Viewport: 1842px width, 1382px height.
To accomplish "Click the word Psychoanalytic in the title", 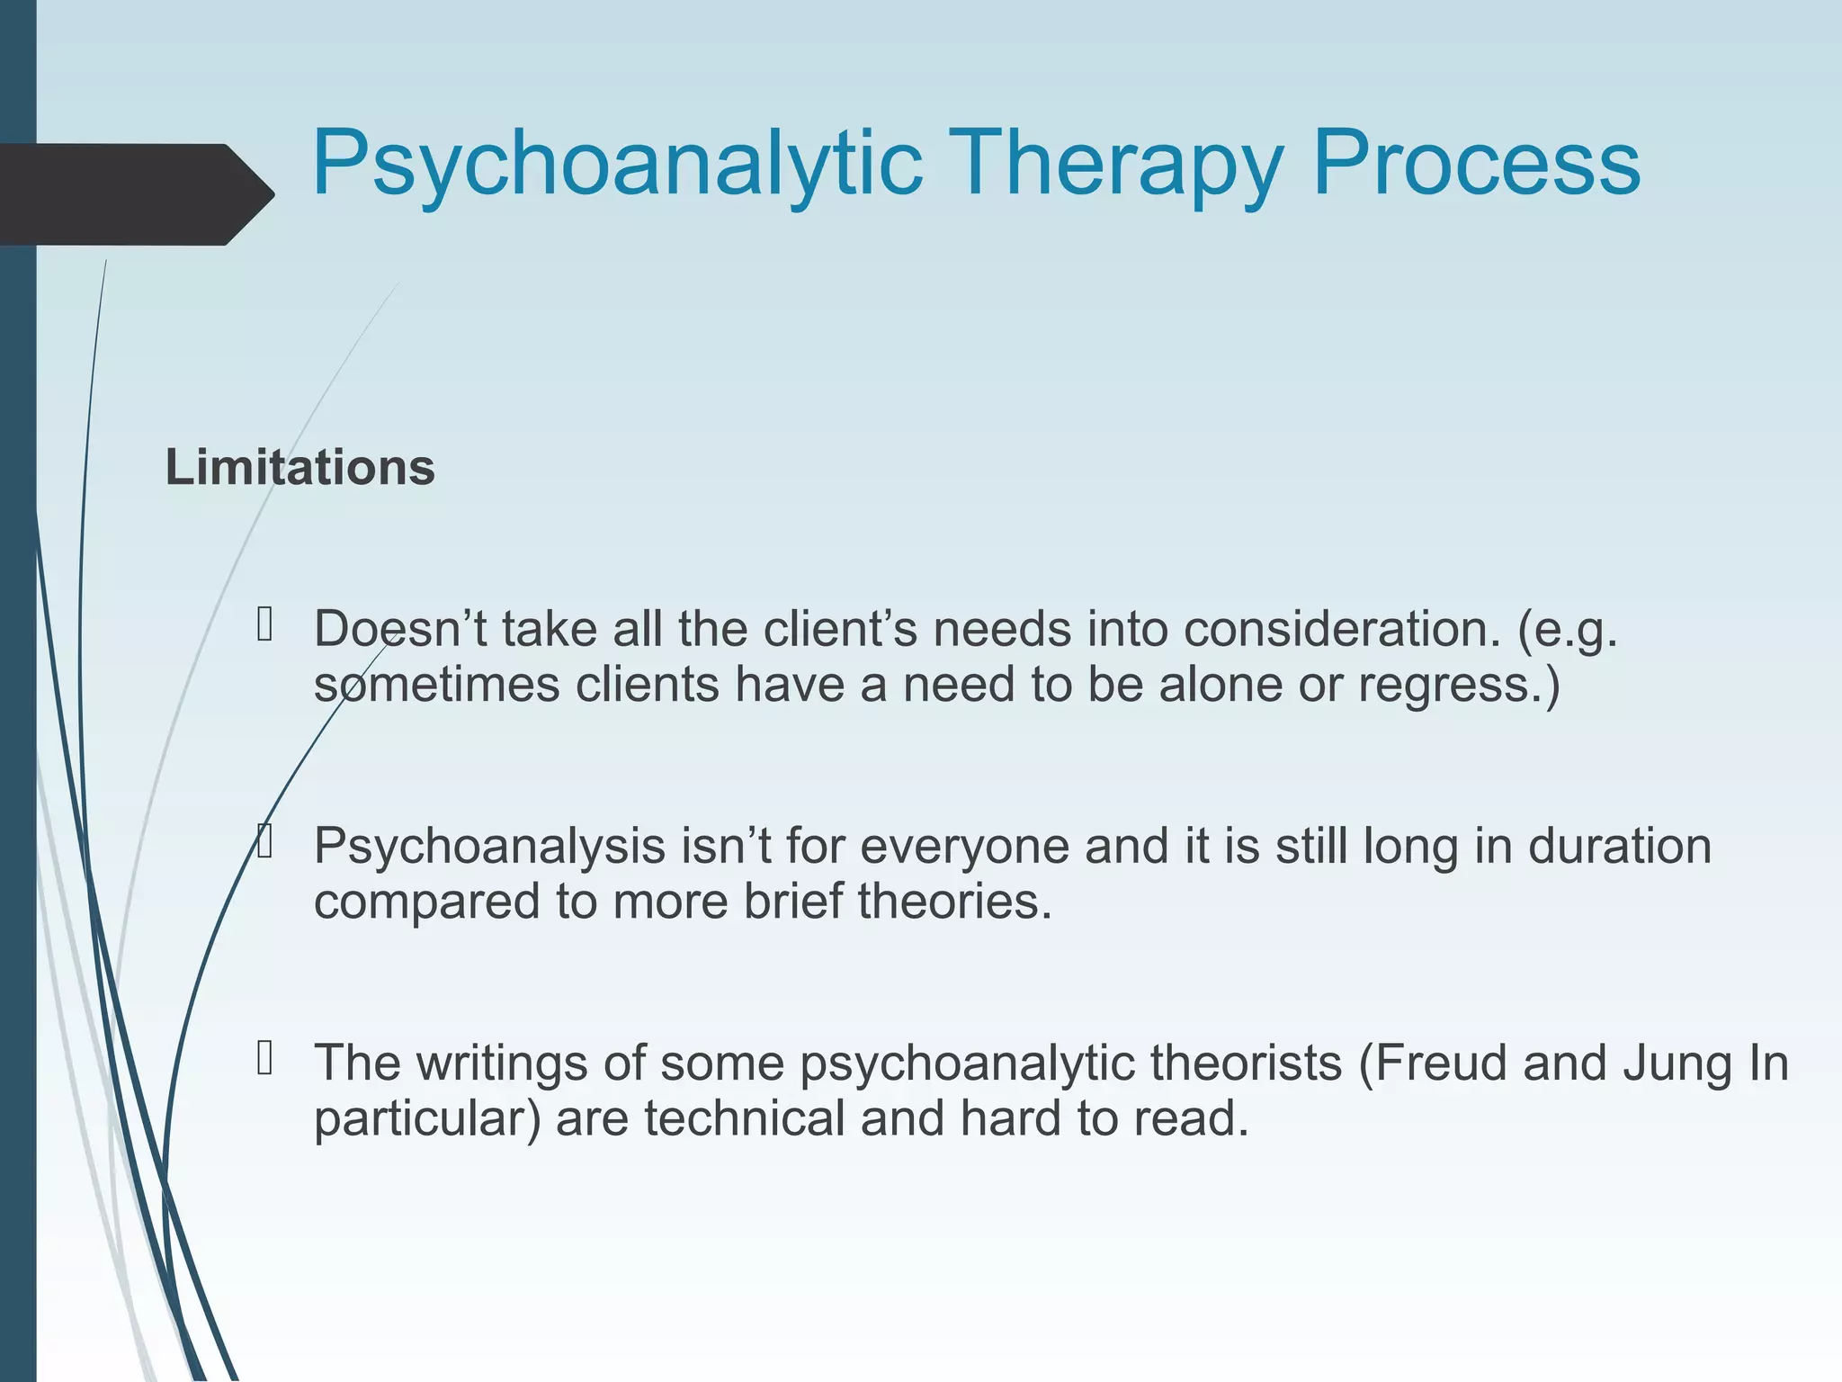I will click(617, 165).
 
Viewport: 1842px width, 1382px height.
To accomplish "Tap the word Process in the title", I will click(1476, 165).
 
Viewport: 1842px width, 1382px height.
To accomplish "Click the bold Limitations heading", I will click(300, 469).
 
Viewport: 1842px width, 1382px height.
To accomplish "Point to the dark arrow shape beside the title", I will click(135, 194).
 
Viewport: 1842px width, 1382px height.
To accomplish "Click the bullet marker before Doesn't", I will click(264, 624).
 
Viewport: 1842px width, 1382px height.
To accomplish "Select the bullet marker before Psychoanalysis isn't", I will click(264, 841).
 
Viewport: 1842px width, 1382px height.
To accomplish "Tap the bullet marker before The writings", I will click(264, 1058).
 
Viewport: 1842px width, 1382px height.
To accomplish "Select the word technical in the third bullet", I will click(744, 1118).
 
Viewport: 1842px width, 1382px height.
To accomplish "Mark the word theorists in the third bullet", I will click(1245, 1063).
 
